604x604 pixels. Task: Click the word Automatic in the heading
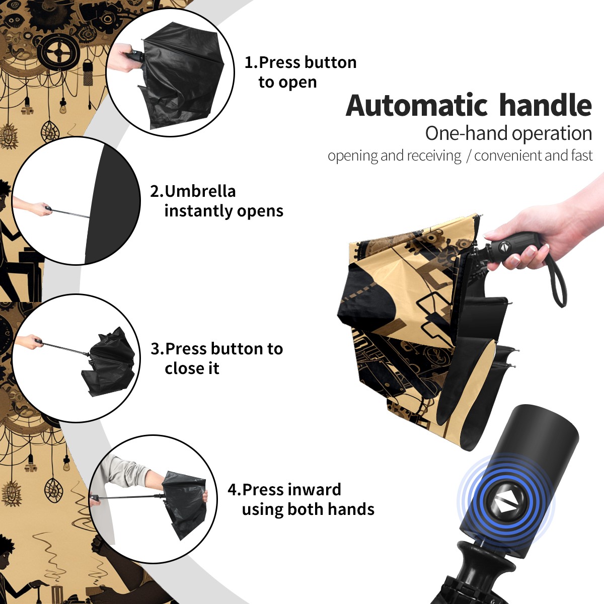417,106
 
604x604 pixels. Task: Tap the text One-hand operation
508,133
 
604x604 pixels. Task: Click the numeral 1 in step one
249,62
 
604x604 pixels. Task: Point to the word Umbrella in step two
200,191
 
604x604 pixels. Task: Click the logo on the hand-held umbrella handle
504,247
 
